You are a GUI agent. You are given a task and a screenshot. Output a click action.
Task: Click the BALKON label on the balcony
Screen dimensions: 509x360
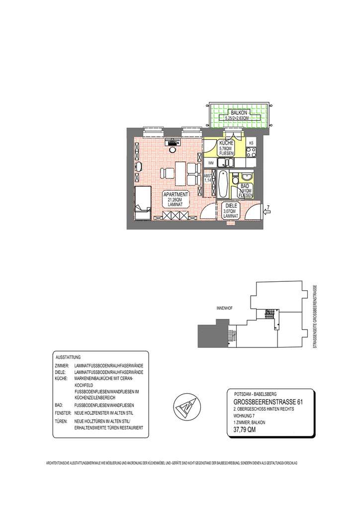point(236,113)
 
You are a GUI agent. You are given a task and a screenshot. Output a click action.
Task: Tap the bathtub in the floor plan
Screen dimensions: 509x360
point(223,184)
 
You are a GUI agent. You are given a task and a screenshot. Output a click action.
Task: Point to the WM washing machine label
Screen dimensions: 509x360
point(210,163)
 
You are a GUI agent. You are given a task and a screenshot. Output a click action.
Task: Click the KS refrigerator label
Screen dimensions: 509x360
point(251,144)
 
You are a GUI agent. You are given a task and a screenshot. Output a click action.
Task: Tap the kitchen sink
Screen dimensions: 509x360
point(226,162)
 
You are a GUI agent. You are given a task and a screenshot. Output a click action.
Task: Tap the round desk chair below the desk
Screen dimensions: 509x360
point(172,149)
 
